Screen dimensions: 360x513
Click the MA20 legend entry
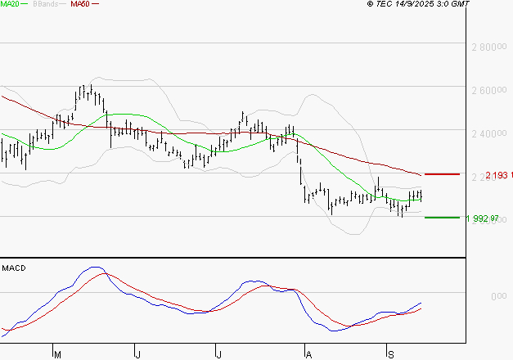pyautogui.click(x=11, y=4)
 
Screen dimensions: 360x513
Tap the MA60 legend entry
pyautogui.click(x=80, y=4)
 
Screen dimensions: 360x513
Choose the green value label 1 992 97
pyautogui.click(x=482, y=218)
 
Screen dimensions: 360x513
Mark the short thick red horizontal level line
pyautogui.click(x=442, y=174)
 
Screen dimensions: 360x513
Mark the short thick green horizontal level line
pyautogui.click(x=442, y=218)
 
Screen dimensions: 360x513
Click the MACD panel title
pyautogui.click(x=14, y=268)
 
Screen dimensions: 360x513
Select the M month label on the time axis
pyautogui.click(x=57, y=353)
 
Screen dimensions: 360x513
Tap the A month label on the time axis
pyautogui.click(x=308, y=353)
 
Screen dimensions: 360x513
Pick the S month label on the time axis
pyautogui.click(x=390, y=353)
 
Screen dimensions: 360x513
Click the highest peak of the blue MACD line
pyautogui.click(x=95, y=267)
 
